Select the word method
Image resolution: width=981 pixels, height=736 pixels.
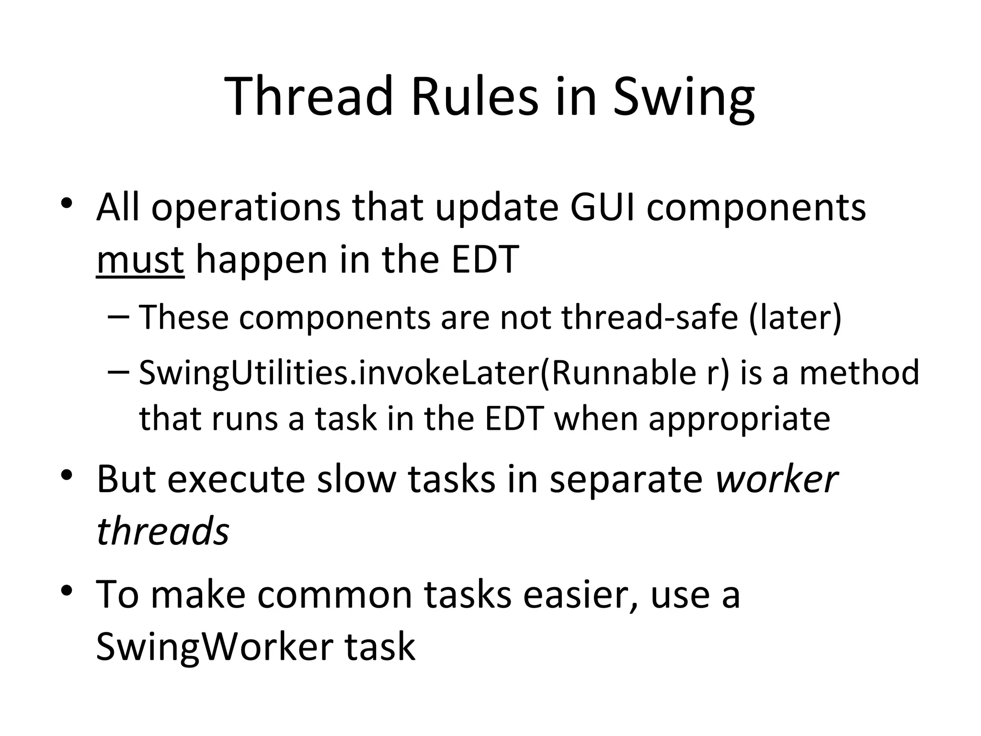859,373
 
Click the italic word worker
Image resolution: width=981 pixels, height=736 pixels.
776,479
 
